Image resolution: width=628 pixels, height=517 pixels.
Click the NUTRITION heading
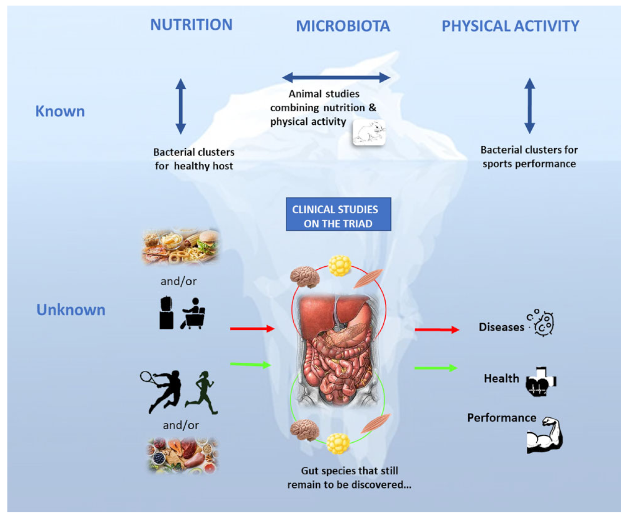pyautogui.click(x=191, y=25)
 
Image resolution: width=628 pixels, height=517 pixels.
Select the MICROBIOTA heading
pyautogui.click(x=343, y=26)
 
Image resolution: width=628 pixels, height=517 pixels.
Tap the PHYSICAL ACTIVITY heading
pyautogui.click(x=510, y=26)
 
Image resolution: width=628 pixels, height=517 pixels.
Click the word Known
pyautogui.click(x=60, y=111)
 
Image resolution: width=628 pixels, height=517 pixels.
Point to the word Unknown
pyautogui.click(x=71, y=310)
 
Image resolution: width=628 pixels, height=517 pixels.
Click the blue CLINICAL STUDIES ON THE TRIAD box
pyautogui.click(x=338, y=214)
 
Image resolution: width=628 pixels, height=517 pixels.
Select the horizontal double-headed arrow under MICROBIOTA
pyautogui.click(x=336, y=77)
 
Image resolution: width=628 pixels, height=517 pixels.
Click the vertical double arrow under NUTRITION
pyautogui.click(x=181, y=106)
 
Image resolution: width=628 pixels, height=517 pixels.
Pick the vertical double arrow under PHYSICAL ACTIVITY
pyautogui.click(x=529, y=106)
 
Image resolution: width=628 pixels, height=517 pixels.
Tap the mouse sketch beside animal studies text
pyautogui.click(x=369, y=133)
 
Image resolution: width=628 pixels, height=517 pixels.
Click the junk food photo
pyautogui.click(x=180, y=246)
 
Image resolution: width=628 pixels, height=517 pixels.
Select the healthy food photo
pyautogui.click(x=182, y=455)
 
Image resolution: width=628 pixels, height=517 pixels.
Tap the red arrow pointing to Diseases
pyautogui.click(x=437, y=330)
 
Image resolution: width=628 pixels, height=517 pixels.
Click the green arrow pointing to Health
pyautogui.click(x=435, y=368)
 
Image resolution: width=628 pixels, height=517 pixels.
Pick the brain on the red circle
pyautogui.click(x=304, y=276)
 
